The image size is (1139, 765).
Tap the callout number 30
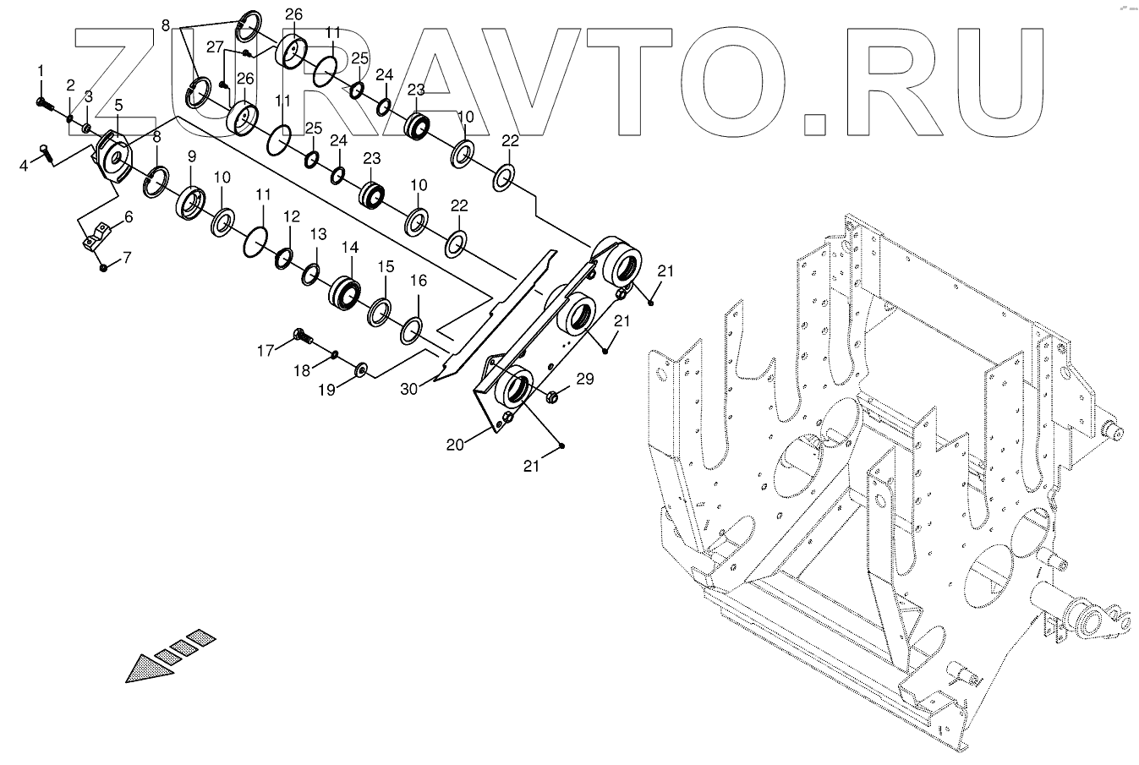[x=409, y=388]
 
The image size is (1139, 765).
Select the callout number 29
[x=585, y=380]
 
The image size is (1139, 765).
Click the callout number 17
[x=266, y=350]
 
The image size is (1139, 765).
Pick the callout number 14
[x=349, y=248]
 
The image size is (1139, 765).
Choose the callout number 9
[x=191, y=156]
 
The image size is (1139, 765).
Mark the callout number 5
[x=118, y=105]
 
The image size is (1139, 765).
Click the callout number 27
[x=214, y=47]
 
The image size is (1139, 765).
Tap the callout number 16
[x=419, y=280]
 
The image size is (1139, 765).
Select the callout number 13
[x=317, y=234]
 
